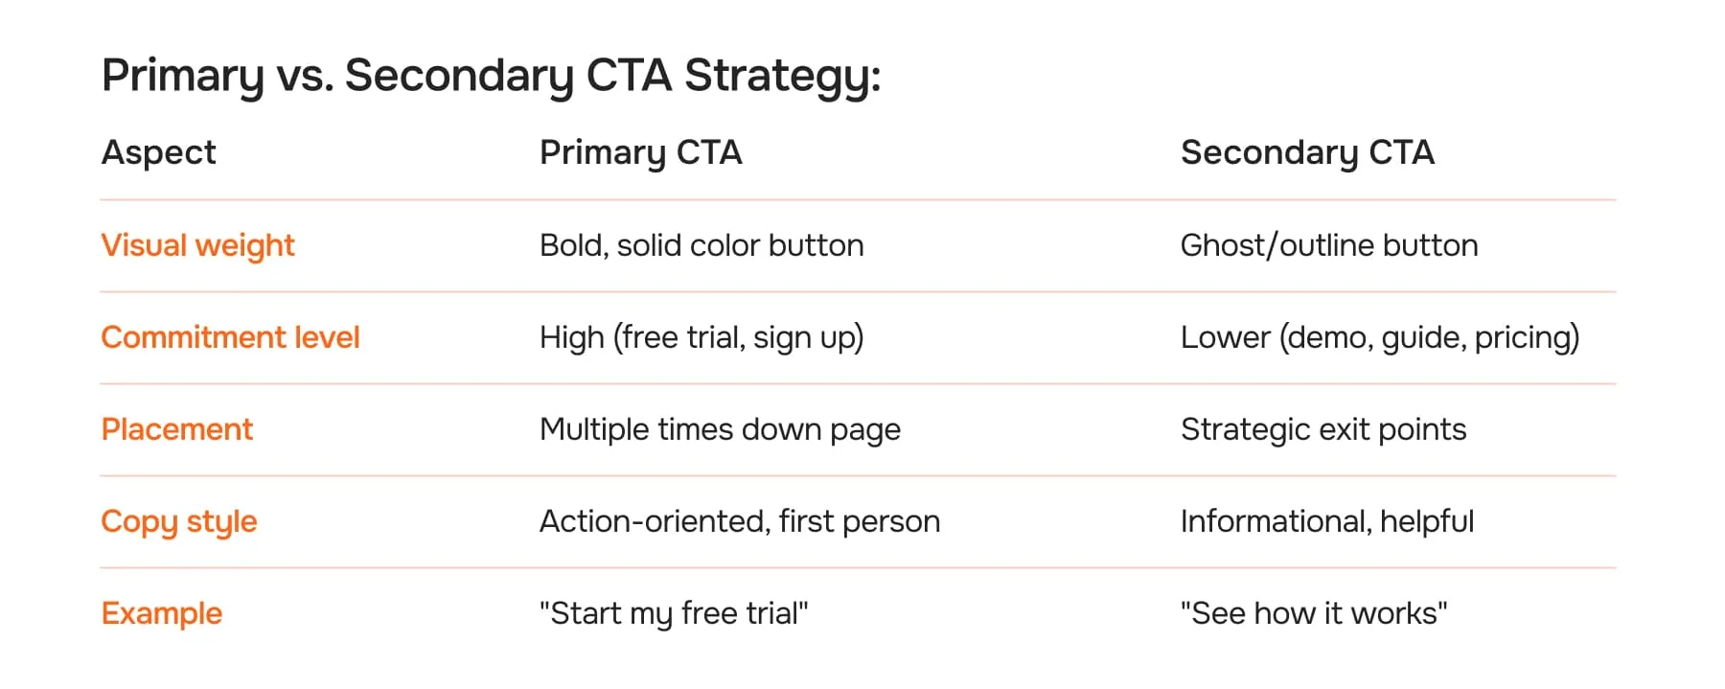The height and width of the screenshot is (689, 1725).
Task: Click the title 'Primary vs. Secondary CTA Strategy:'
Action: coord(491,76)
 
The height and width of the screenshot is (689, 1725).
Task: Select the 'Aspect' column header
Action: coord(159,152)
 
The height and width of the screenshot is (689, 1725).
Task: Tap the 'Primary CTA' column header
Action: coord(640,152)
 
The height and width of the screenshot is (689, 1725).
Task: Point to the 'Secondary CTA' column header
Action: coord(1307,152)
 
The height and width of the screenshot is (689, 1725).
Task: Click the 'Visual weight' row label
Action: coord(197,245)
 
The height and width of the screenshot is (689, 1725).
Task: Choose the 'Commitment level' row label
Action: coord(230,337)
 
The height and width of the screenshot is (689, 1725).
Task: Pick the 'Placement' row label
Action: coord(177,429)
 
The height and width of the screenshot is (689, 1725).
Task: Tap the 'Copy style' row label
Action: coord(179,521)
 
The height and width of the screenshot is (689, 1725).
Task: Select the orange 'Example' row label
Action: coord(162,613)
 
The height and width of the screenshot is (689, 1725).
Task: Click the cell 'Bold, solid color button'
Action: coord(701,245)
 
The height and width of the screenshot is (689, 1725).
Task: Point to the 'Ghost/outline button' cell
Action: coord(1329,245)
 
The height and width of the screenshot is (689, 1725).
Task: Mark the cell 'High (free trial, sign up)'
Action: coord(701,337)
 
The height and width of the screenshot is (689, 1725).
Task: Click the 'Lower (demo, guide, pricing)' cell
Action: coord(1380,337)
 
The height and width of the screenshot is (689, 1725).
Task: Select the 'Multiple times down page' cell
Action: coord(720,429)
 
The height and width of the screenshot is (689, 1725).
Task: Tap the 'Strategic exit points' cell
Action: coord(1323,429)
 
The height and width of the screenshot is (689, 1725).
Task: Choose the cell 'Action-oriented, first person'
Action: coord(740,521)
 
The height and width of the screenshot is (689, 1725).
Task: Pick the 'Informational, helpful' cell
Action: coord(1327,521)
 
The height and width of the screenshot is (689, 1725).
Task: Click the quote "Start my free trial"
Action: coord(674,613)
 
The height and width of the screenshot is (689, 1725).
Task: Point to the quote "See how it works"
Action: coord(1314,613)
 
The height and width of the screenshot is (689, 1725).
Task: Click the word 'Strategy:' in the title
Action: coord(782,76)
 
